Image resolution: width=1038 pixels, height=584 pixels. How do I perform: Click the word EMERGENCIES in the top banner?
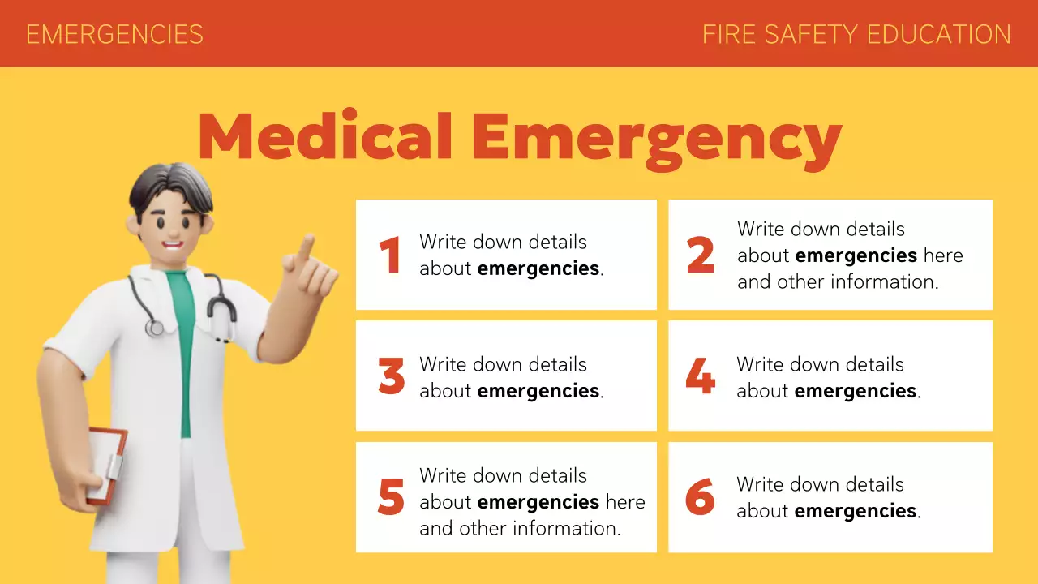pos(114,34)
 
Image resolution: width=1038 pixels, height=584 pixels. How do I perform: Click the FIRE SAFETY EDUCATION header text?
pos(856,34)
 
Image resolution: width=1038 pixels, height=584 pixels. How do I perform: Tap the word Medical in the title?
pos(325,136)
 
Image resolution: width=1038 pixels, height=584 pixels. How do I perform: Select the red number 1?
pos(390,255)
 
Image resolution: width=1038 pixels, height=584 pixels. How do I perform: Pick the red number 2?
pos(700,255)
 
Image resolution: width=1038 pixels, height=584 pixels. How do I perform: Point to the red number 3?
pos(391,376)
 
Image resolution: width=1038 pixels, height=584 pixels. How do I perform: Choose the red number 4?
pos(700,376)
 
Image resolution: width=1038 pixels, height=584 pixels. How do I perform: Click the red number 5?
pos(391,498)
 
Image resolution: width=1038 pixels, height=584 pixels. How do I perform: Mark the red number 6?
pos(700,498)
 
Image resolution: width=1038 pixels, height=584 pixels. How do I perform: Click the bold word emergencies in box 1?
pos(538,268)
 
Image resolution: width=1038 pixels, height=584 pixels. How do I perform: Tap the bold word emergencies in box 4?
pos(855,391)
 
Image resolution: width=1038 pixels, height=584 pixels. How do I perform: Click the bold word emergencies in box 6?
pos(855,511)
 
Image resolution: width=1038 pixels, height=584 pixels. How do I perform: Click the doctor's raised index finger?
pos(306,248)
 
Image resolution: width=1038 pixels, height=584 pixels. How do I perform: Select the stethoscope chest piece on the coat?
pos(154,327)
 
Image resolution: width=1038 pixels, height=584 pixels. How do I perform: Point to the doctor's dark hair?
pos(170,187)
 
